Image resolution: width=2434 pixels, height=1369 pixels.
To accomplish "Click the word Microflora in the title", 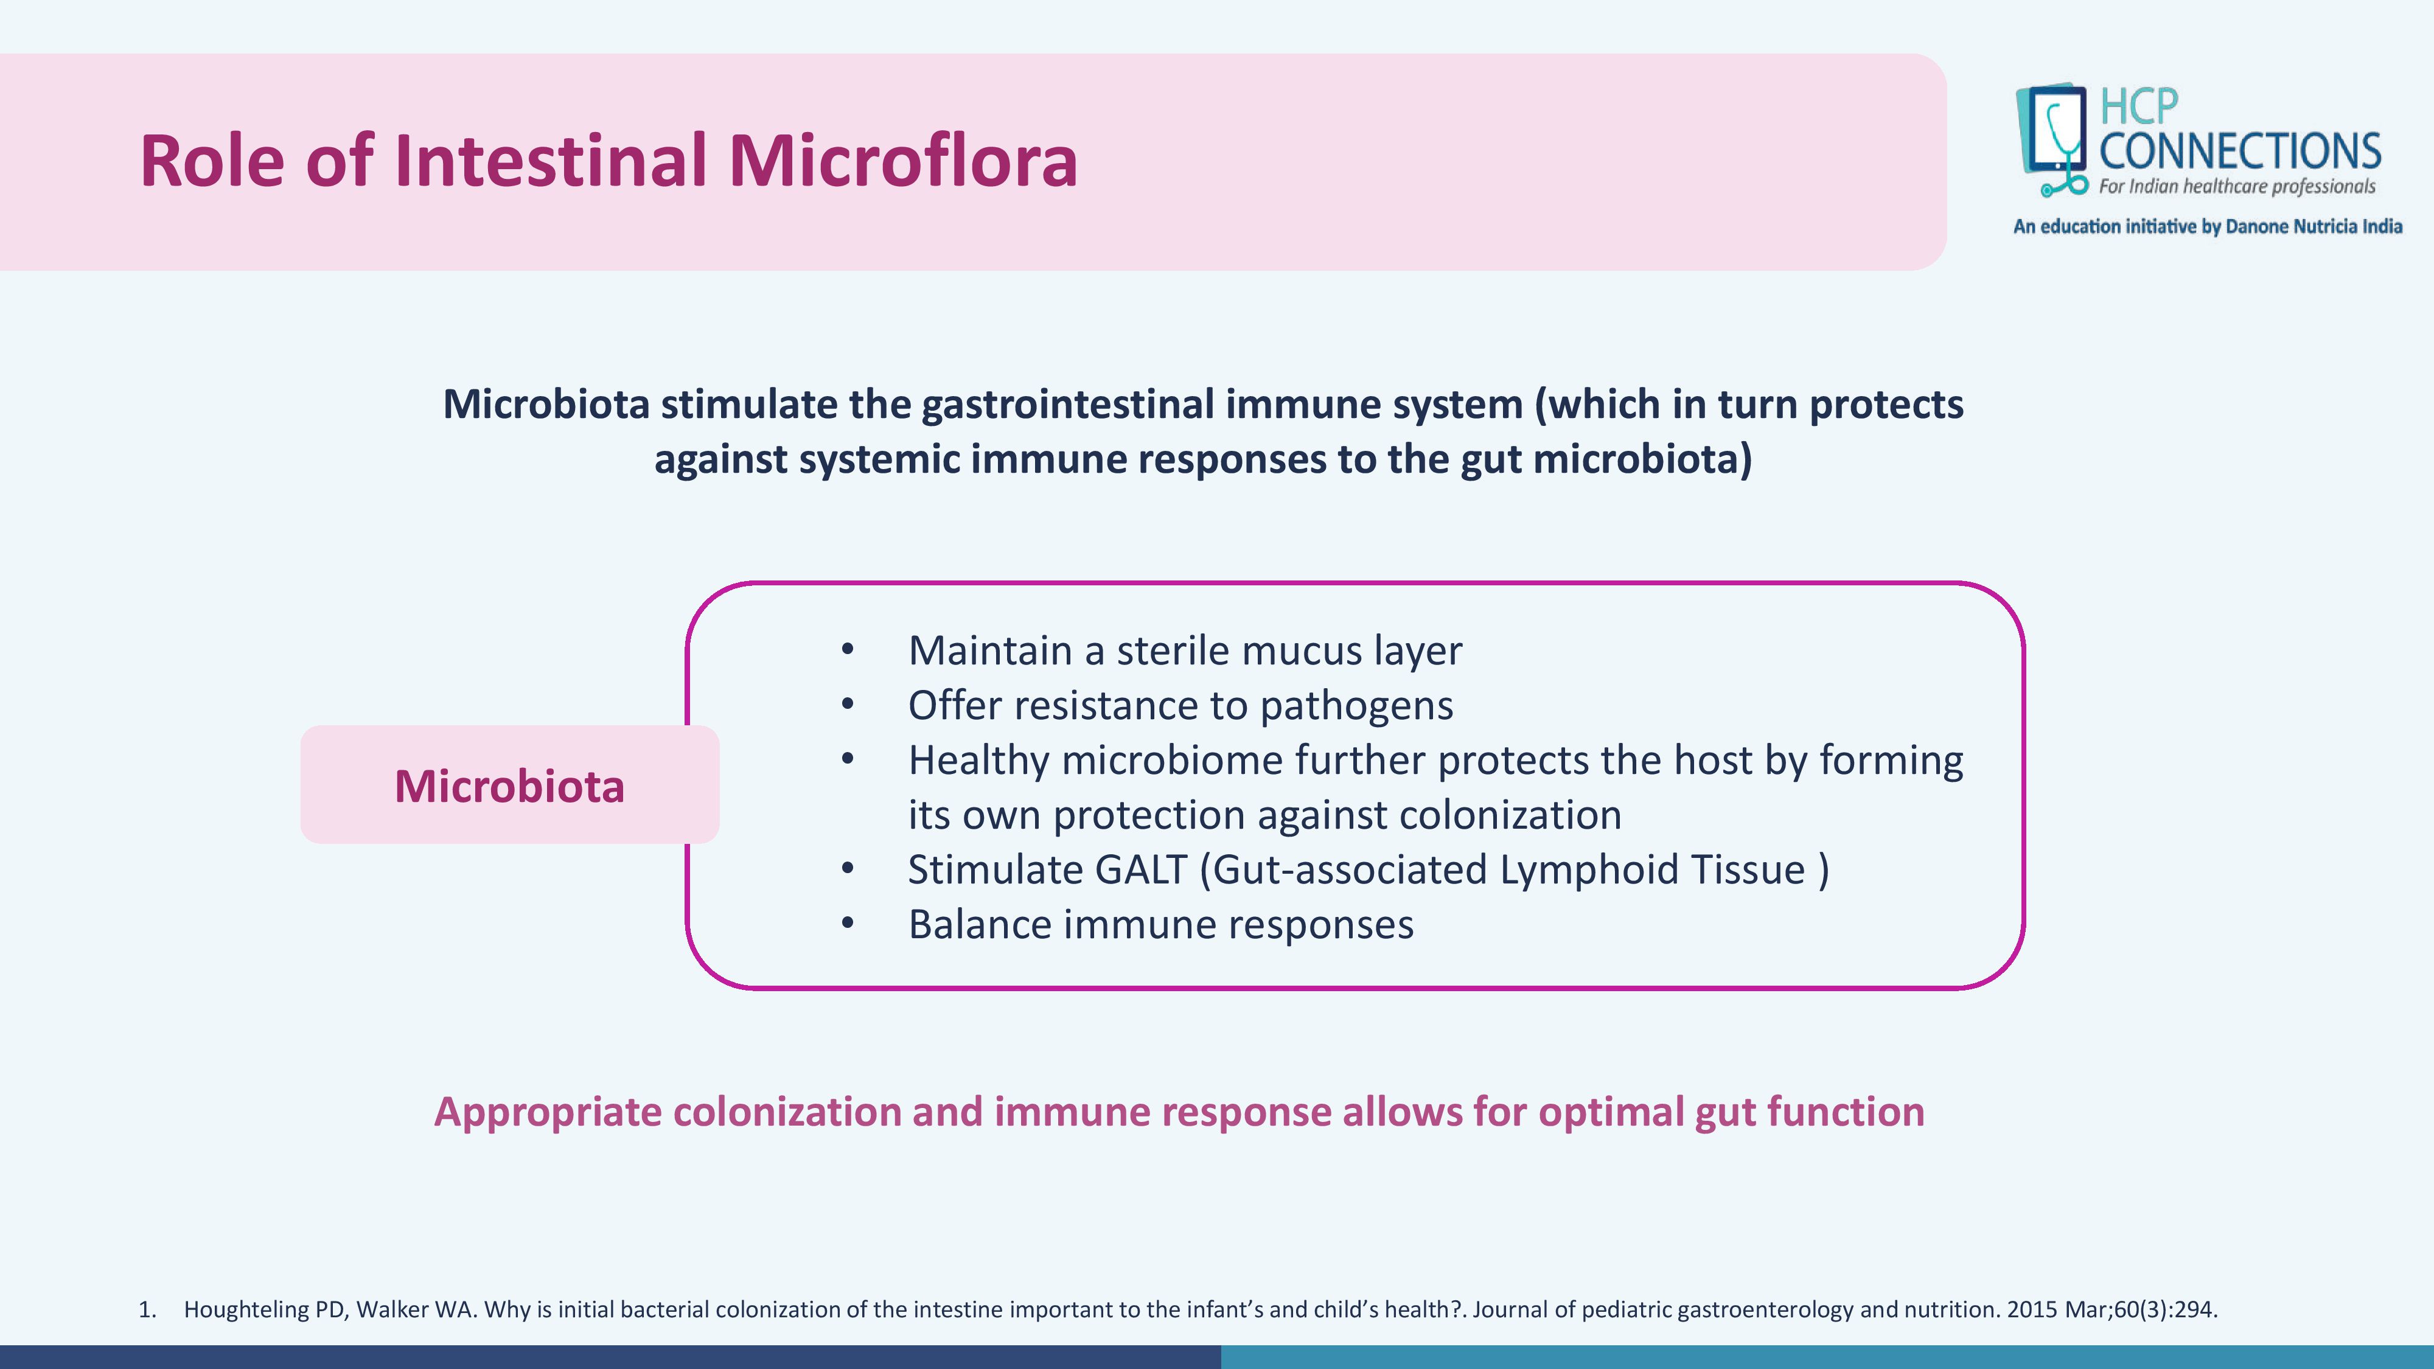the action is coord(902,161).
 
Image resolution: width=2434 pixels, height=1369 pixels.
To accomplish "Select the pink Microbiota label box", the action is coord(509,784).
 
